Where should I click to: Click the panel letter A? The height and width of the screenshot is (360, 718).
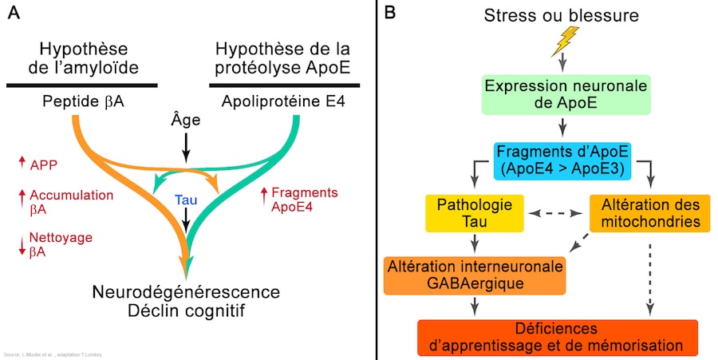[13, 14]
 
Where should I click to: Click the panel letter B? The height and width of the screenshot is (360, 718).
[390, 14]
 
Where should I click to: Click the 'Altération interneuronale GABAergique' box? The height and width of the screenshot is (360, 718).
[475, 274]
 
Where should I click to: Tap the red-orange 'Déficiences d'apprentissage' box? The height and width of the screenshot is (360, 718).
[558, 337]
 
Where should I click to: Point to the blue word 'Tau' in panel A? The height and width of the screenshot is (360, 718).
[186, 200]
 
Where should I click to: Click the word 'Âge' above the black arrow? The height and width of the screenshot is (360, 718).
[186, 121]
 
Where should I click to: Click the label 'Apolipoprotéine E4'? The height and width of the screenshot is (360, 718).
[284, 101]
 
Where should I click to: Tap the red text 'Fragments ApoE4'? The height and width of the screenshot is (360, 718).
[305, 199]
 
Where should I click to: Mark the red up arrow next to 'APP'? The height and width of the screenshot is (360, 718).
[22, 164]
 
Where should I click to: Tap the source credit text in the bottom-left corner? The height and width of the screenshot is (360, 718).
[53, 354]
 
